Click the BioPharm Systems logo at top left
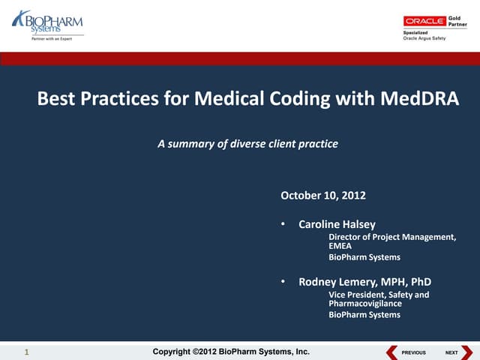(x=46, y=22)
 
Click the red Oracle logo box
(x=424, y=21)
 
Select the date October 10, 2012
(x=322, y=196)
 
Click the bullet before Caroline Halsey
(x=283, y=224)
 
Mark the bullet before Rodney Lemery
(x=283, y=282)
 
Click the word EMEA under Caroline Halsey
(x=341, y=246)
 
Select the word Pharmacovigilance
(x=365, y=304)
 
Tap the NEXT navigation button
(x=455, y=352)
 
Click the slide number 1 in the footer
(x=26, y=352)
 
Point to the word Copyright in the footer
(x=175, y=352)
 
